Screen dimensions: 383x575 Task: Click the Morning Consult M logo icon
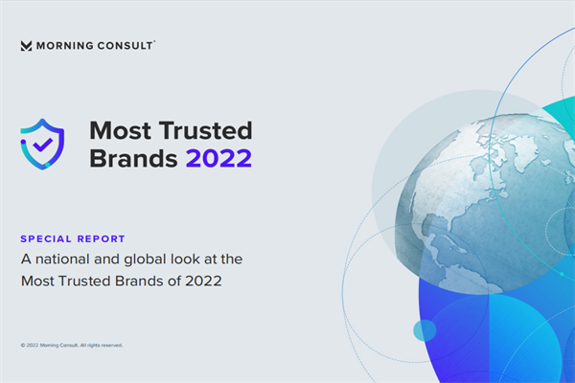click(26, 45)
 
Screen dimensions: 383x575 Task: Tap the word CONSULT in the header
click(126, 45)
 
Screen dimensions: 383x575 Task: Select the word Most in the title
click(119, 131)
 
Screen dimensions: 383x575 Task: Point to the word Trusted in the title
click(203, 131)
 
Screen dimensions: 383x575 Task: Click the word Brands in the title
click(133, 159)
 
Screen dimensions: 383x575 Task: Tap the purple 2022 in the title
click(219, 159)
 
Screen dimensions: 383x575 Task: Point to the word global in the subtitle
click(156, 259)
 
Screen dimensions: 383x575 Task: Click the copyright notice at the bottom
click(72, 345)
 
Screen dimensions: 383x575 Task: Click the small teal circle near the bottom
click(425, 330)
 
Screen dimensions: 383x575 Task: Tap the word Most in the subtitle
click(36, 282)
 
